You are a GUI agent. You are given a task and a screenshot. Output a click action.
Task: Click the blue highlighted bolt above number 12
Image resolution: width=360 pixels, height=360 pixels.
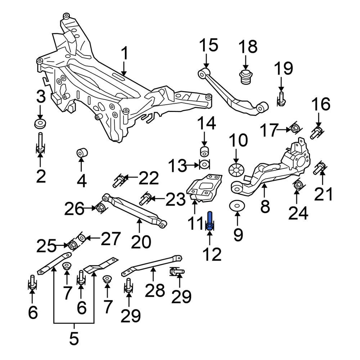click(210, 221)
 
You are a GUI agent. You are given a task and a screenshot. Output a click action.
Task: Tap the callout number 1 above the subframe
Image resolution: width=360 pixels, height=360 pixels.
click(124, 54)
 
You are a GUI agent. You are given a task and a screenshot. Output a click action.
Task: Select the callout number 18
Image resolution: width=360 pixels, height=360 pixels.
click(248, 47)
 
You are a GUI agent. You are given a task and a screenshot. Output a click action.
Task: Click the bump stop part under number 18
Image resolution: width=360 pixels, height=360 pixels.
click(246, 77)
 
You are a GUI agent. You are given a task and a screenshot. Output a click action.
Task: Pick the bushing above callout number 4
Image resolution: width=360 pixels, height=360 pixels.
click(81, 153)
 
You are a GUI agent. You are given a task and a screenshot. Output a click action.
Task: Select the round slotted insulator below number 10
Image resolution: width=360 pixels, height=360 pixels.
click(236, 169)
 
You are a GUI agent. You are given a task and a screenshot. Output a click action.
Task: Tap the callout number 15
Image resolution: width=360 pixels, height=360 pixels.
click(209, 46)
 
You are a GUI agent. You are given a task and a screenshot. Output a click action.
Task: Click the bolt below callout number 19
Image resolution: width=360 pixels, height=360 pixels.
click(282, 99)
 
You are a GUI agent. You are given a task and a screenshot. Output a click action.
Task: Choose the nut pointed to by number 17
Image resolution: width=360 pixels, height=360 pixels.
click(294, 128)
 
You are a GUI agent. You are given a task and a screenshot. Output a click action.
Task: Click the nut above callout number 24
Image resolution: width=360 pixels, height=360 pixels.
click(298, 186)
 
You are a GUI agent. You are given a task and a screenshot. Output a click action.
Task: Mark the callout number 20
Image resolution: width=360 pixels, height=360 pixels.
click(141, 242)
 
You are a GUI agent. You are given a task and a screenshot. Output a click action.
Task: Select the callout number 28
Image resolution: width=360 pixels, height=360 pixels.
click(155, 290)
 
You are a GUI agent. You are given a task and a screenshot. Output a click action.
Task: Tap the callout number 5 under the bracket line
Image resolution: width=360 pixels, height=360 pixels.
click(74, 338)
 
